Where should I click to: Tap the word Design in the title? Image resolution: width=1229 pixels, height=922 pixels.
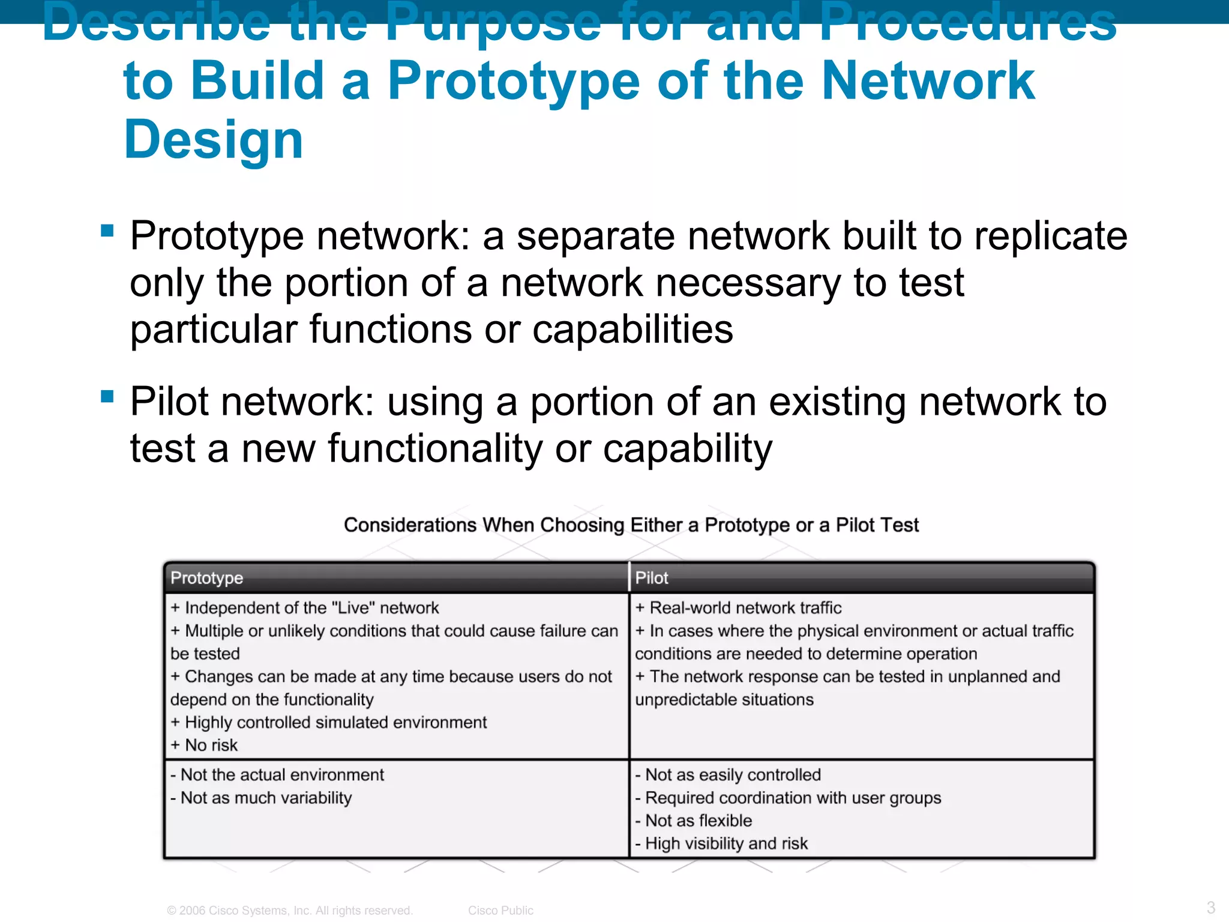tap(214, 139)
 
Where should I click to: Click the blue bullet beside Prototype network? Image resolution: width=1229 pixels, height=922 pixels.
tap(107, 230)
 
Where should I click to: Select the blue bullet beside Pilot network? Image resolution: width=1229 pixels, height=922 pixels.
tap(107, 396)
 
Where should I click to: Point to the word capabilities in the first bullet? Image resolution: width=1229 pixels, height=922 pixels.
tap(633, 330)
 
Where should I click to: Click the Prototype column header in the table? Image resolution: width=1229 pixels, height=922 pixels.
tap(207, 578)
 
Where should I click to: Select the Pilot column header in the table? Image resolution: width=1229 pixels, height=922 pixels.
tap(652, 578)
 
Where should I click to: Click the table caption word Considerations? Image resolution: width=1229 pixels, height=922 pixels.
tap(410, 525)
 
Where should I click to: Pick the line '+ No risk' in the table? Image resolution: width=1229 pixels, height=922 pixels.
tap(205, 745)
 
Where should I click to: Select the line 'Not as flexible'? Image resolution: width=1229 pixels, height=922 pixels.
tap(694, 821)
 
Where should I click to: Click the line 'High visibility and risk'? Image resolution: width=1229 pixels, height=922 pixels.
tap(722, 843)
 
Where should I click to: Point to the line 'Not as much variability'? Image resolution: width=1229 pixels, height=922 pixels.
tap(262, 798)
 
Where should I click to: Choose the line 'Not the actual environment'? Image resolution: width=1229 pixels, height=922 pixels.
tap(277, 775)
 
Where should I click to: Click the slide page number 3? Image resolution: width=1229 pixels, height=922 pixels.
tap(1211, 907)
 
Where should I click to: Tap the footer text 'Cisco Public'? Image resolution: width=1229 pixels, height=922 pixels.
tap(500, 911)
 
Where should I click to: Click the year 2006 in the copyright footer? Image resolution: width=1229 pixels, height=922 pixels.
tap(192, 911)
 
